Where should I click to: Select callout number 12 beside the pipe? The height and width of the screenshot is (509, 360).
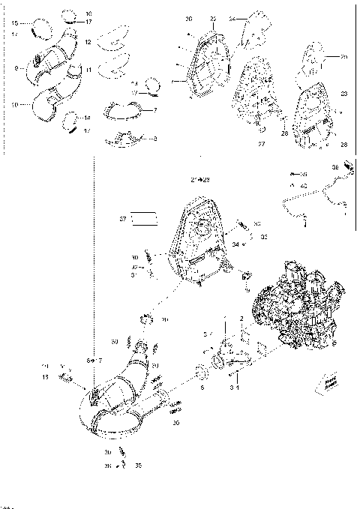[x=88, y=43]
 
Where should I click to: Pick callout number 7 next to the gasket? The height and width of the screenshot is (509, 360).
[x=154, y=110]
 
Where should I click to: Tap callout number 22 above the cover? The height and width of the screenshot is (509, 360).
[x=213, y=17]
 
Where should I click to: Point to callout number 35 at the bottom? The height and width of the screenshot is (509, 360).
[x=138, y=466]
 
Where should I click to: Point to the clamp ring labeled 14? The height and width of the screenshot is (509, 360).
[x=73, y=118]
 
